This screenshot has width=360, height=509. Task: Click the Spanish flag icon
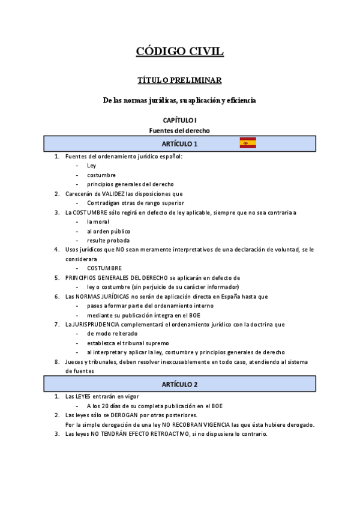pos(248,143)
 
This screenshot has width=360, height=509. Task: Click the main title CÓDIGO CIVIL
pos(180,52)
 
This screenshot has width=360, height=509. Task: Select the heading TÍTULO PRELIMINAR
pos(180,80)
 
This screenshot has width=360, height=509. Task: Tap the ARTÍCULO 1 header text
pos(179,144)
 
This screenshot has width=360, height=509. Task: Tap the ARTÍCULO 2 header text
pos(179,384)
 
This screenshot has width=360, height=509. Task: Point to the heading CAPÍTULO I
pos(180,120)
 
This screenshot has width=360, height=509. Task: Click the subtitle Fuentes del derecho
pos(180,130)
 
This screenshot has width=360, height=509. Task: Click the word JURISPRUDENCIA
pos(96,324)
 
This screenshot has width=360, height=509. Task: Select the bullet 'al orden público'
pos(108,231)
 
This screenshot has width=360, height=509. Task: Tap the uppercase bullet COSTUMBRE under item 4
pos(104,268)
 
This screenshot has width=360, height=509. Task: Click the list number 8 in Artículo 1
pos(57,361)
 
